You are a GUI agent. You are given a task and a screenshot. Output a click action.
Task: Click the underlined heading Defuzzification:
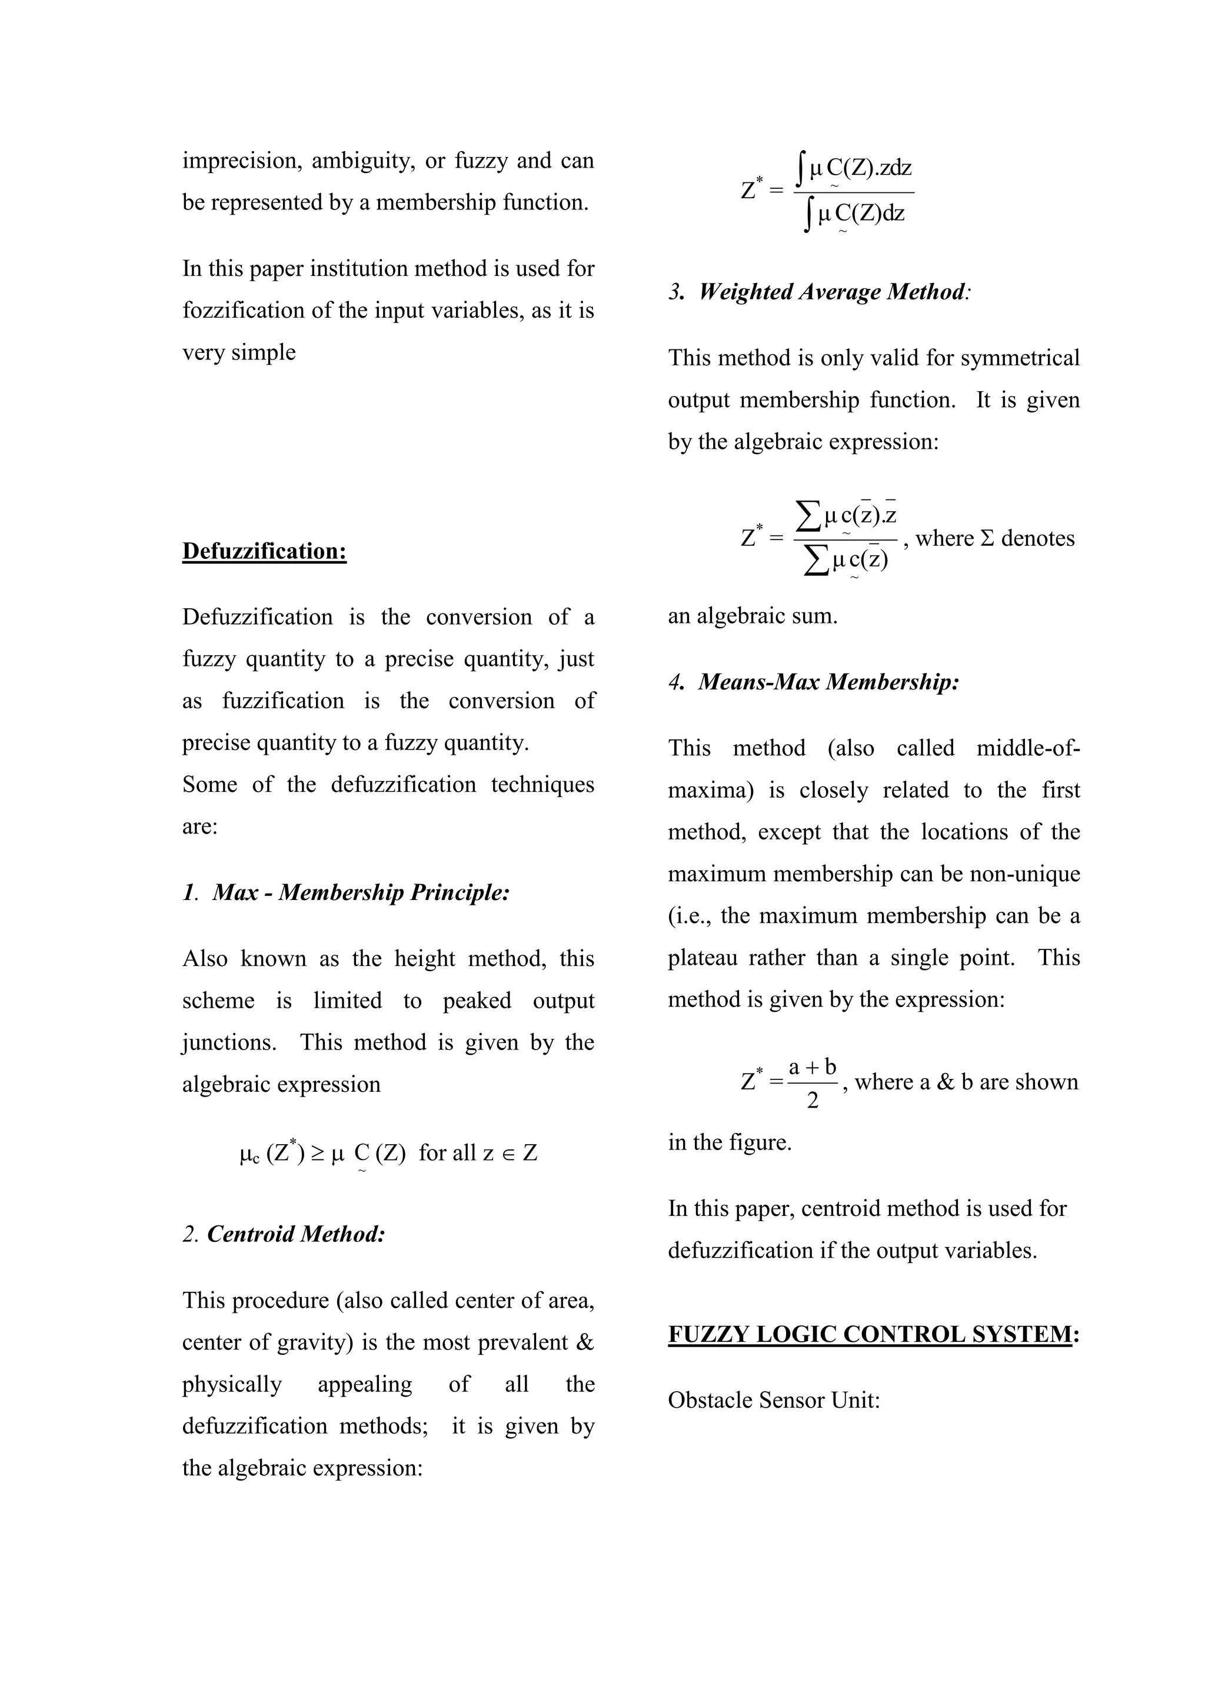tap(264, 551)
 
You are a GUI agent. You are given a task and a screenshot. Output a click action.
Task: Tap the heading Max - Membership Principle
tap(361, 892)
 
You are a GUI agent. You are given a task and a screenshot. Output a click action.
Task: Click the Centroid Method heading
tap(296, 1234)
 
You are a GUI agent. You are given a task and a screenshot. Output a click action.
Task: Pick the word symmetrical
tap(1020, 358)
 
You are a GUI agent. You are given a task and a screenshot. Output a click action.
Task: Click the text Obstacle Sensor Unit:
tap(774, 1401)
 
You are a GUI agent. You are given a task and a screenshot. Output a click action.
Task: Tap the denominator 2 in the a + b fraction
tap(813, 1101)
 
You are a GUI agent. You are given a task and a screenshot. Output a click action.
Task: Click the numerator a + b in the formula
tap(813, 1067)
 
